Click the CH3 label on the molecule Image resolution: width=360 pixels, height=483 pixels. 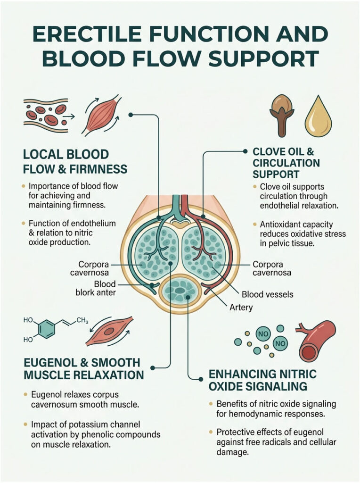click(x=82, y=321)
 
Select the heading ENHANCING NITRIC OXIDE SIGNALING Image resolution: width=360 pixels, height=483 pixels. click(x=262, y=380)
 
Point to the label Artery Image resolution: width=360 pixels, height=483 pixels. click(x=242, y=308)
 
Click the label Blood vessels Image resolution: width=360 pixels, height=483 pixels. click(x=267, y=294)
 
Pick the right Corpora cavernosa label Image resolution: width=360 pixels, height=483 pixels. click(x=271, y=268)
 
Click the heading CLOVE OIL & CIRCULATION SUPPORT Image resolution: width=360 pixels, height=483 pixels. click(x=286, y=163)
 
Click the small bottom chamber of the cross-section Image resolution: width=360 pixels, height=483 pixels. click(x=180, y=290)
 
